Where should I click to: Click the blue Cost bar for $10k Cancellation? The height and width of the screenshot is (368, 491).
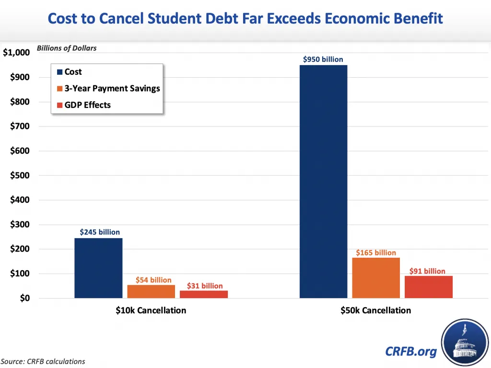(x=98, y=268)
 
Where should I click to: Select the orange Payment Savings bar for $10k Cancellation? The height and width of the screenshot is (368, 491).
(x=151, y=291)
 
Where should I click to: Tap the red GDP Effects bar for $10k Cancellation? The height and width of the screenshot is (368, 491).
(x=204, y=294)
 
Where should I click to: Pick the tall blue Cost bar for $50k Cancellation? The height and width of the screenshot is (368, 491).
(x=323, y=182)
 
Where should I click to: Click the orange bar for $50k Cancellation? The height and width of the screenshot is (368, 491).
(x=376, y=278)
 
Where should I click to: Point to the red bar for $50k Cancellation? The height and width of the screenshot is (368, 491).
(x=429, y=287)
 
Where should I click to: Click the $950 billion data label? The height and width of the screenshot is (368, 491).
(x=323, y=59)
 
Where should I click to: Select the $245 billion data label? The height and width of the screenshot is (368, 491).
(x=100, y=232)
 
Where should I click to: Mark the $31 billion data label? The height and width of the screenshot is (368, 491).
(x=205, y=286)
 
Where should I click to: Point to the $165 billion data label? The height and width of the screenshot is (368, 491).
(x=376, y=253)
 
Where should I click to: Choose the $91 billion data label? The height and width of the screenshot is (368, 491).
(x=427, y=271)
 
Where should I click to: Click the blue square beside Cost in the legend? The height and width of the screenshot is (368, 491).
(x=59, y=72)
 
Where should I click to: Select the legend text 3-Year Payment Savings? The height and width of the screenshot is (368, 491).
(x=112, y=88)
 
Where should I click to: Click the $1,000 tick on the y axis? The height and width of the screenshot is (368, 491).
(x=16, y=53)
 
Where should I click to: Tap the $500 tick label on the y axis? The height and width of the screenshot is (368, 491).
(x=19, y=175)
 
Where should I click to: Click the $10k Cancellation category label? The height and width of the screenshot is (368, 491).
(x=151, y=310)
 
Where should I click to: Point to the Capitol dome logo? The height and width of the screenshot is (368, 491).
(x=464, y=343)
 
